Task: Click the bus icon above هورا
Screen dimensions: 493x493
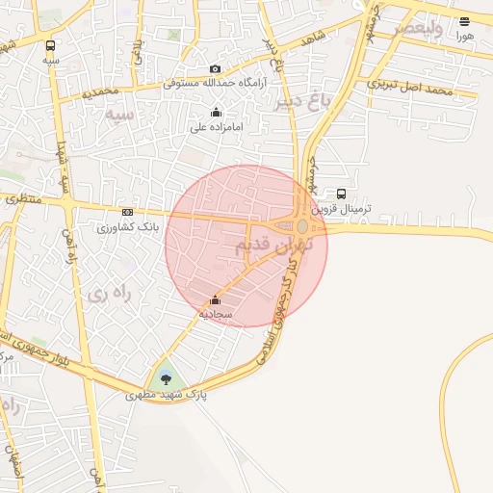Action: tap(465, 21)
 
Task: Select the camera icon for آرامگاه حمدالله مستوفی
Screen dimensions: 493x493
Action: tap(215, 68)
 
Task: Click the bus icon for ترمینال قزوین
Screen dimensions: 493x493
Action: tap(342, 193)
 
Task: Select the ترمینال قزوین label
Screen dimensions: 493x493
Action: tap(363, 208)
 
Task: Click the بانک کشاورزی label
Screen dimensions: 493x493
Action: tap(127, 228)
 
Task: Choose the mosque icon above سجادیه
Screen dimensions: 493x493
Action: tap(214, 300)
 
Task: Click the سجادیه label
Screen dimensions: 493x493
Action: tap(216, 315)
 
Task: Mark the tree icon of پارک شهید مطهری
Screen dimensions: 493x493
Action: tap(166, 376)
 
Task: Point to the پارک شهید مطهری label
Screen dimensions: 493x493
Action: tap(166, 394)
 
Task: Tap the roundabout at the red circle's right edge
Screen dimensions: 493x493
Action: tap(302, 226)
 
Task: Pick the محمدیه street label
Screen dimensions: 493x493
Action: tap(99, 91)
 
